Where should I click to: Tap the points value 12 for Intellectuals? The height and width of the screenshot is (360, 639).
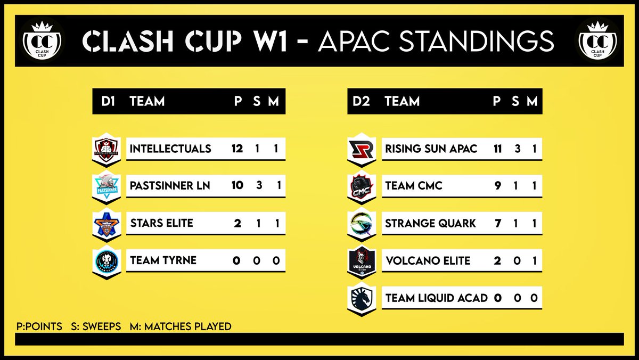[237, 149]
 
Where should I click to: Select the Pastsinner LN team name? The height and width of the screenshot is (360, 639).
[170, 186]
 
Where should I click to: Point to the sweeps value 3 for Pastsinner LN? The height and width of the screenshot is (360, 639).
[257, 186]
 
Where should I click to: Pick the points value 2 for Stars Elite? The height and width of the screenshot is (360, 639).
[237, 223]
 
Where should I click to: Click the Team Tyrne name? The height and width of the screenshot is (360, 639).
[163, 260]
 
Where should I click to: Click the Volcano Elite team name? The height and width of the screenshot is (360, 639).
[428, 260]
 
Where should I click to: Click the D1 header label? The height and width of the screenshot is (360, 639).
[109, 101]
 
